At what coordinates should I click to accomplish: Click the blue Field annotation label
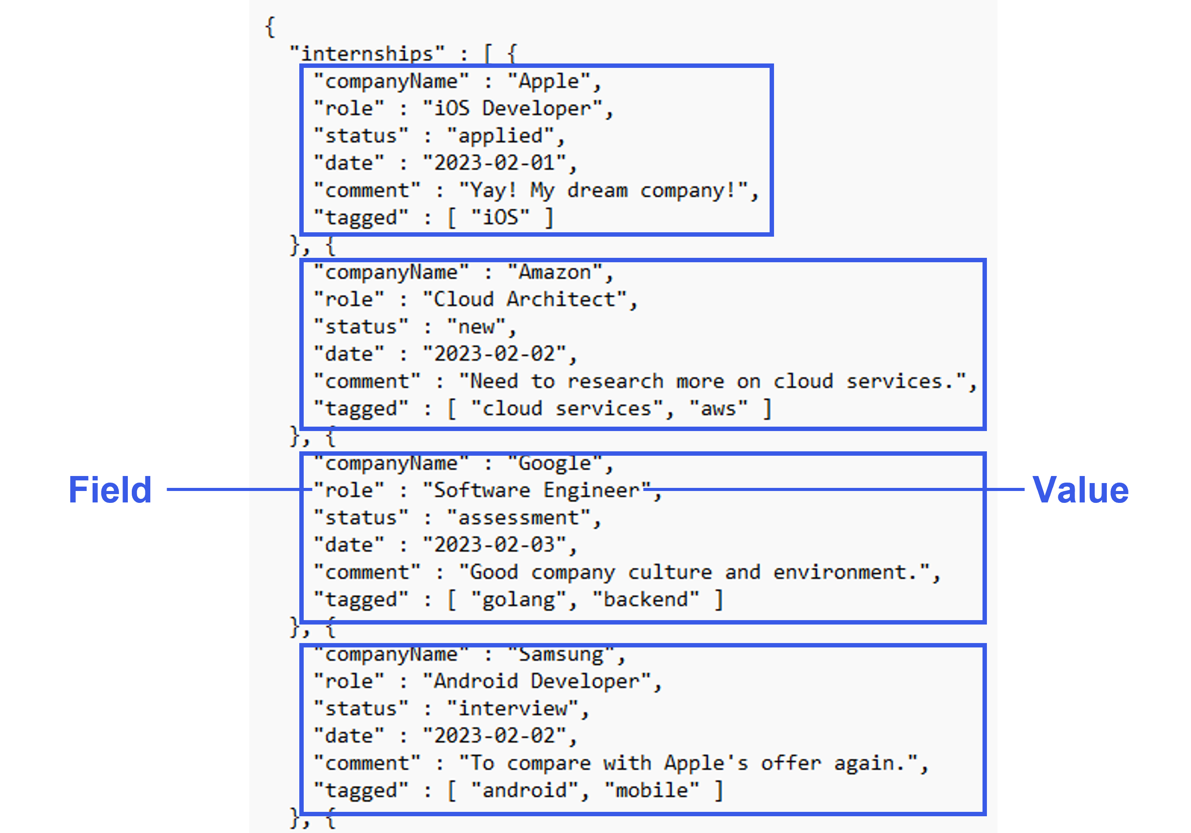110,490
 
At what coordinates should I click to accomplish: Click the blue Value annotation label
1080,490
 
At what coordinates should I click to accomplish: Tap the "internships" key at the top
367,53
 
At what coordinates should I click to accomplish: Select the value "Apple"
549,82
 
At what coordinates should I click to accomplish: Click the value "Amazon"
555,272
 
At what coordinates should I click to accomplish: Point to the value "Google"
555,463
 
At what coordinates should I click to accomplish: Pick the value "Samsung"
561,654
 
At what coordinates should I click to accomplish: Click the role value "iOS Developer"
512,109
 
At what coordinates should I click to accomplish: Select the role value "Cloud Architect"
524,300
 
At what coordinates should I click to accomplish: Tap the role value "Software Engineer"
536,491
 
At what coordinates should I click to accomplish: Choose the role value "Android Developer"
536,681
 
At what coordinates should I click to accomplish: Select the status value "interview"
512,709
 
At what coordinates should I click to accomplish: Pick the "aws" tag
718,409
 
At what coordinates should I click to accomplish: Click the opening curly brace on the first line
270,26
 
